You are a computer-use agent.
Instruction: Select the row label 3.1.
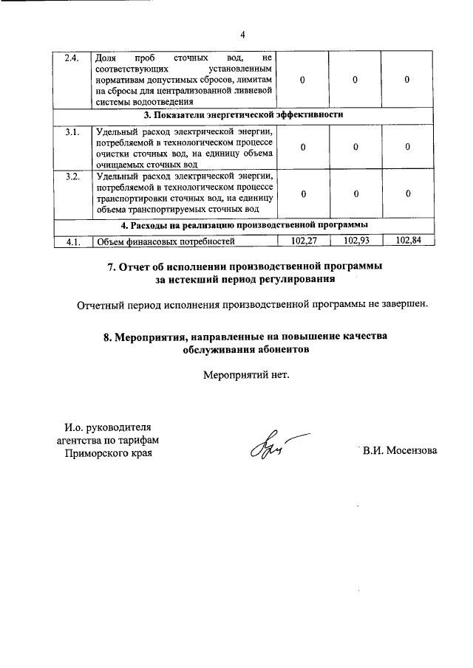(x=72, y=131)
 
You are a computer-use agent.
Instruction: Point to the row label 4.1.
(x=72, y=241)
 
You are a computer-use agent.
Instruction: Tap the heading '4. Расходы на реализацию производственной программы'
(x=245, y=225)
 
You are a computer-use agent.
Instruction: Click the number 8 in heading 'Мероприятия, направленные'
(x=107, y=337)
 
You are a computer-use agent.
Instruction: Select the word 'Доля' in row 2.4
(x=107, y=58)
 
